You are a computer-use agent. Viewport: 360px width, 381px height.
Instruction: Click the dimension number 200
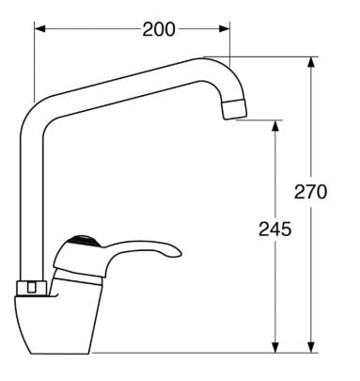coord(159,29)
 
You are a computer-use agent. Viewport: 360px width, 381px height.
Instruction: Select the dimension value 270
coord(310,192)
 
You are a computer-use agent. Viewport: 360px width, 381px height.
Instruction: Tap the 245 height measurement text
coord(274,229)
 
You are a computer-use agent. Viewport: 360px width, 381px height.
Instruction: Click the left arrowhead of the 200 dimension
coord(39,28)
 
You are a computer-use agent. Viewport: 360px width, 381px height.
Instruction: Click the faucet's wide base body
coord(56,325)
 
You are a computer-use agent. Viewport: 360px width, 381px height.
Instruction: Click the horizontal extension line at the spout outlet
coord(258,119)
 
